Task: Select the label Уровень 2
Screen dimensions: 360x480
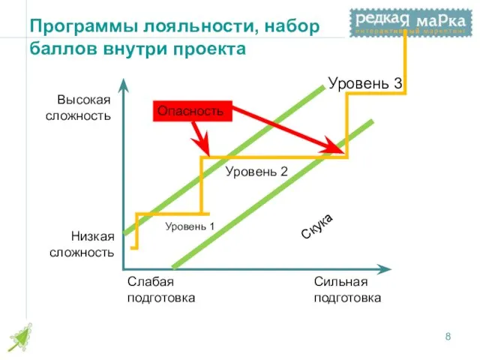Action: pos(256,172)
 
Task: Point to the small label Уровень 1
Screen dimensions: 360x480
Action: pos(190,225)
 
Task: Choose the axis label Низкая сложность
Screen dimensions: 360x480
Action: pos(82,244)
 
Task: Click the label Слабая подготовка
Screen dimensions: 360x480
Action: pos(160,289)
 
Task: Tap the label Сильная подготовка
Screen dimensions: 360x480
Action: pos(346,289)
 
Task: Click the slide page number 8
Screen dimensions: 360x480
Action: pos(448,337)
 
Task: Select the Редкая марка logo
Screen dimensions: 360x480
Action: pos(408,22)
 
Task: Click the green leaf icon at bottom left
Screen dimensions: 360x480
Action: pos(20,337)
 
